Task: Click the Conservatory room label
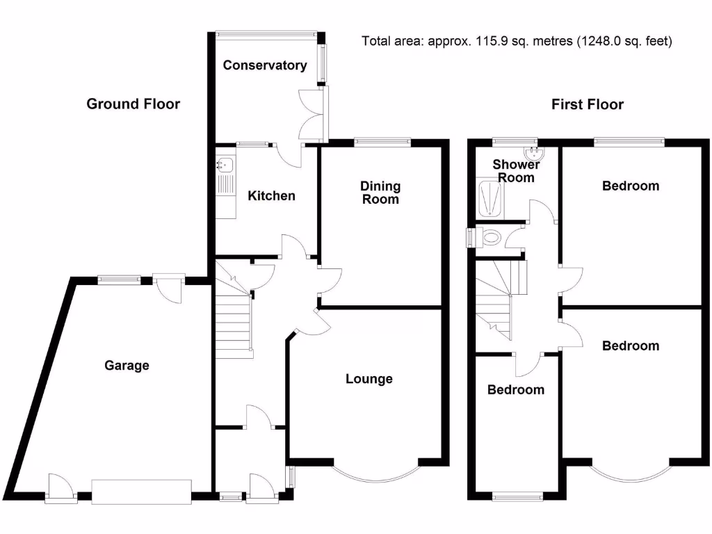tap(264, 65)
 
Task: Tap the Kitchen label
tap(271, 196)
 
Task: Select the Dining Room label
tap(380, 193)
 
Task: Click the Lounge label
tap(369, 379)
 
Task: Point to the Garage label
tap(127, 366)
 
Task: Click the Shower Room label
tap(516, 171)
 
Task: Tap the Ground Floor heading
tap(133, 104)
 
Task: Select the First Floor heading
tap(588, 104)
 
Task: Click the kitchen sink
tap(224, 165)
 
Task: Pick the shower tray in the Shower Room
tap(493, 197)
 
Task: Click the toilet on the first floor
tap(490, 238)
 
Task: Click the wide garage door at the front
tap(142, 492)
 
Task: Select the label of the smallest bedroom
tap(515, 390)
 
